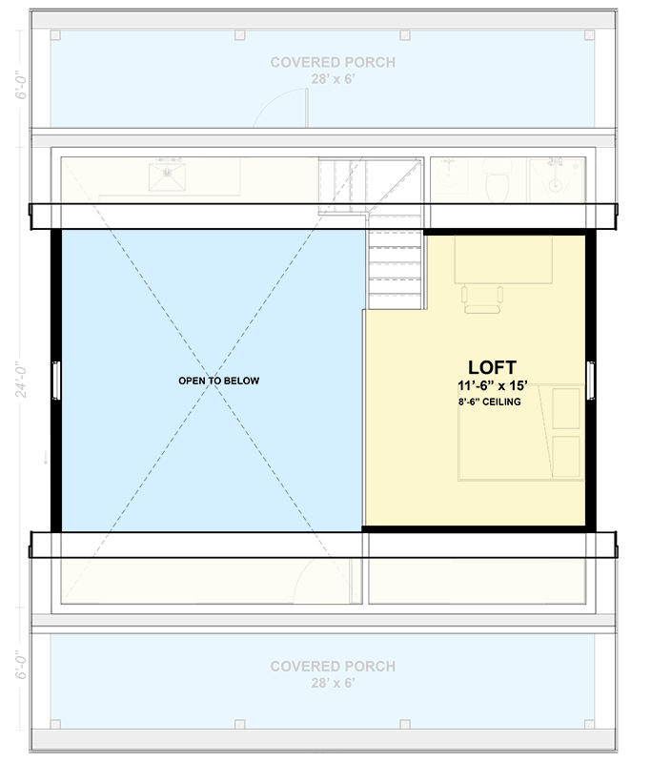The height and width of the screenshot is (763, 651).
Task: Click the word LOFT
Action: (x=492, y=367)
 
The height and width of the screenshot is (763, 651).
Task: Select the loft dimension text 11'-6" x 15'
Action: (x=492, y=386)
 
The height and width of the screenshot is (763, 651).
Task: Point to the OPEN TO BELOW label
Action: (x=218, y=381)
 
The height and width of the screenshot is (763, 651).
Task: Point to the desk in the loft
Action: (x=503, y=259)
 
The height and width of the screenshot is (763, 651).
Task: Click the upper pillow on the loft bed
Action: (x=566, y=407)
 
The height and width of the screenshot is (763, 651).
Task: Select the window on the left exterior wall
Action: (x=56, y=381)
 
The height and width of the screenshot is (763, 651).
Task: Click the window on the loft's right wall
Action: (x=591, y=381)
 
